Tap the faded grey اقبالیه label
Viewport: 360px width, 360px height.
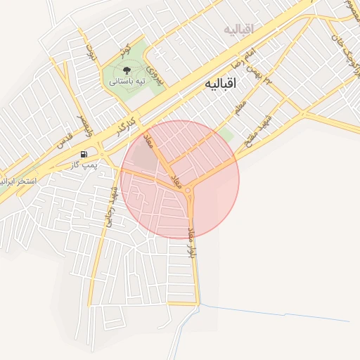tap(238, 29)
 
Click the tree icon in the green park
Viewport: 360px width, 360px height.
tap(127, 70)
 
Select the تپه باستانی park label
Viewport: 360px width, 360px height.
tap(127, 82)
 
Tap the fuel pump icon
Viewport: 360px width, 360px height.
tap(84, 154)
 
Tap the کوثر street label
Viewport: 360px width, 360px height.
tap(124, 50)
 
